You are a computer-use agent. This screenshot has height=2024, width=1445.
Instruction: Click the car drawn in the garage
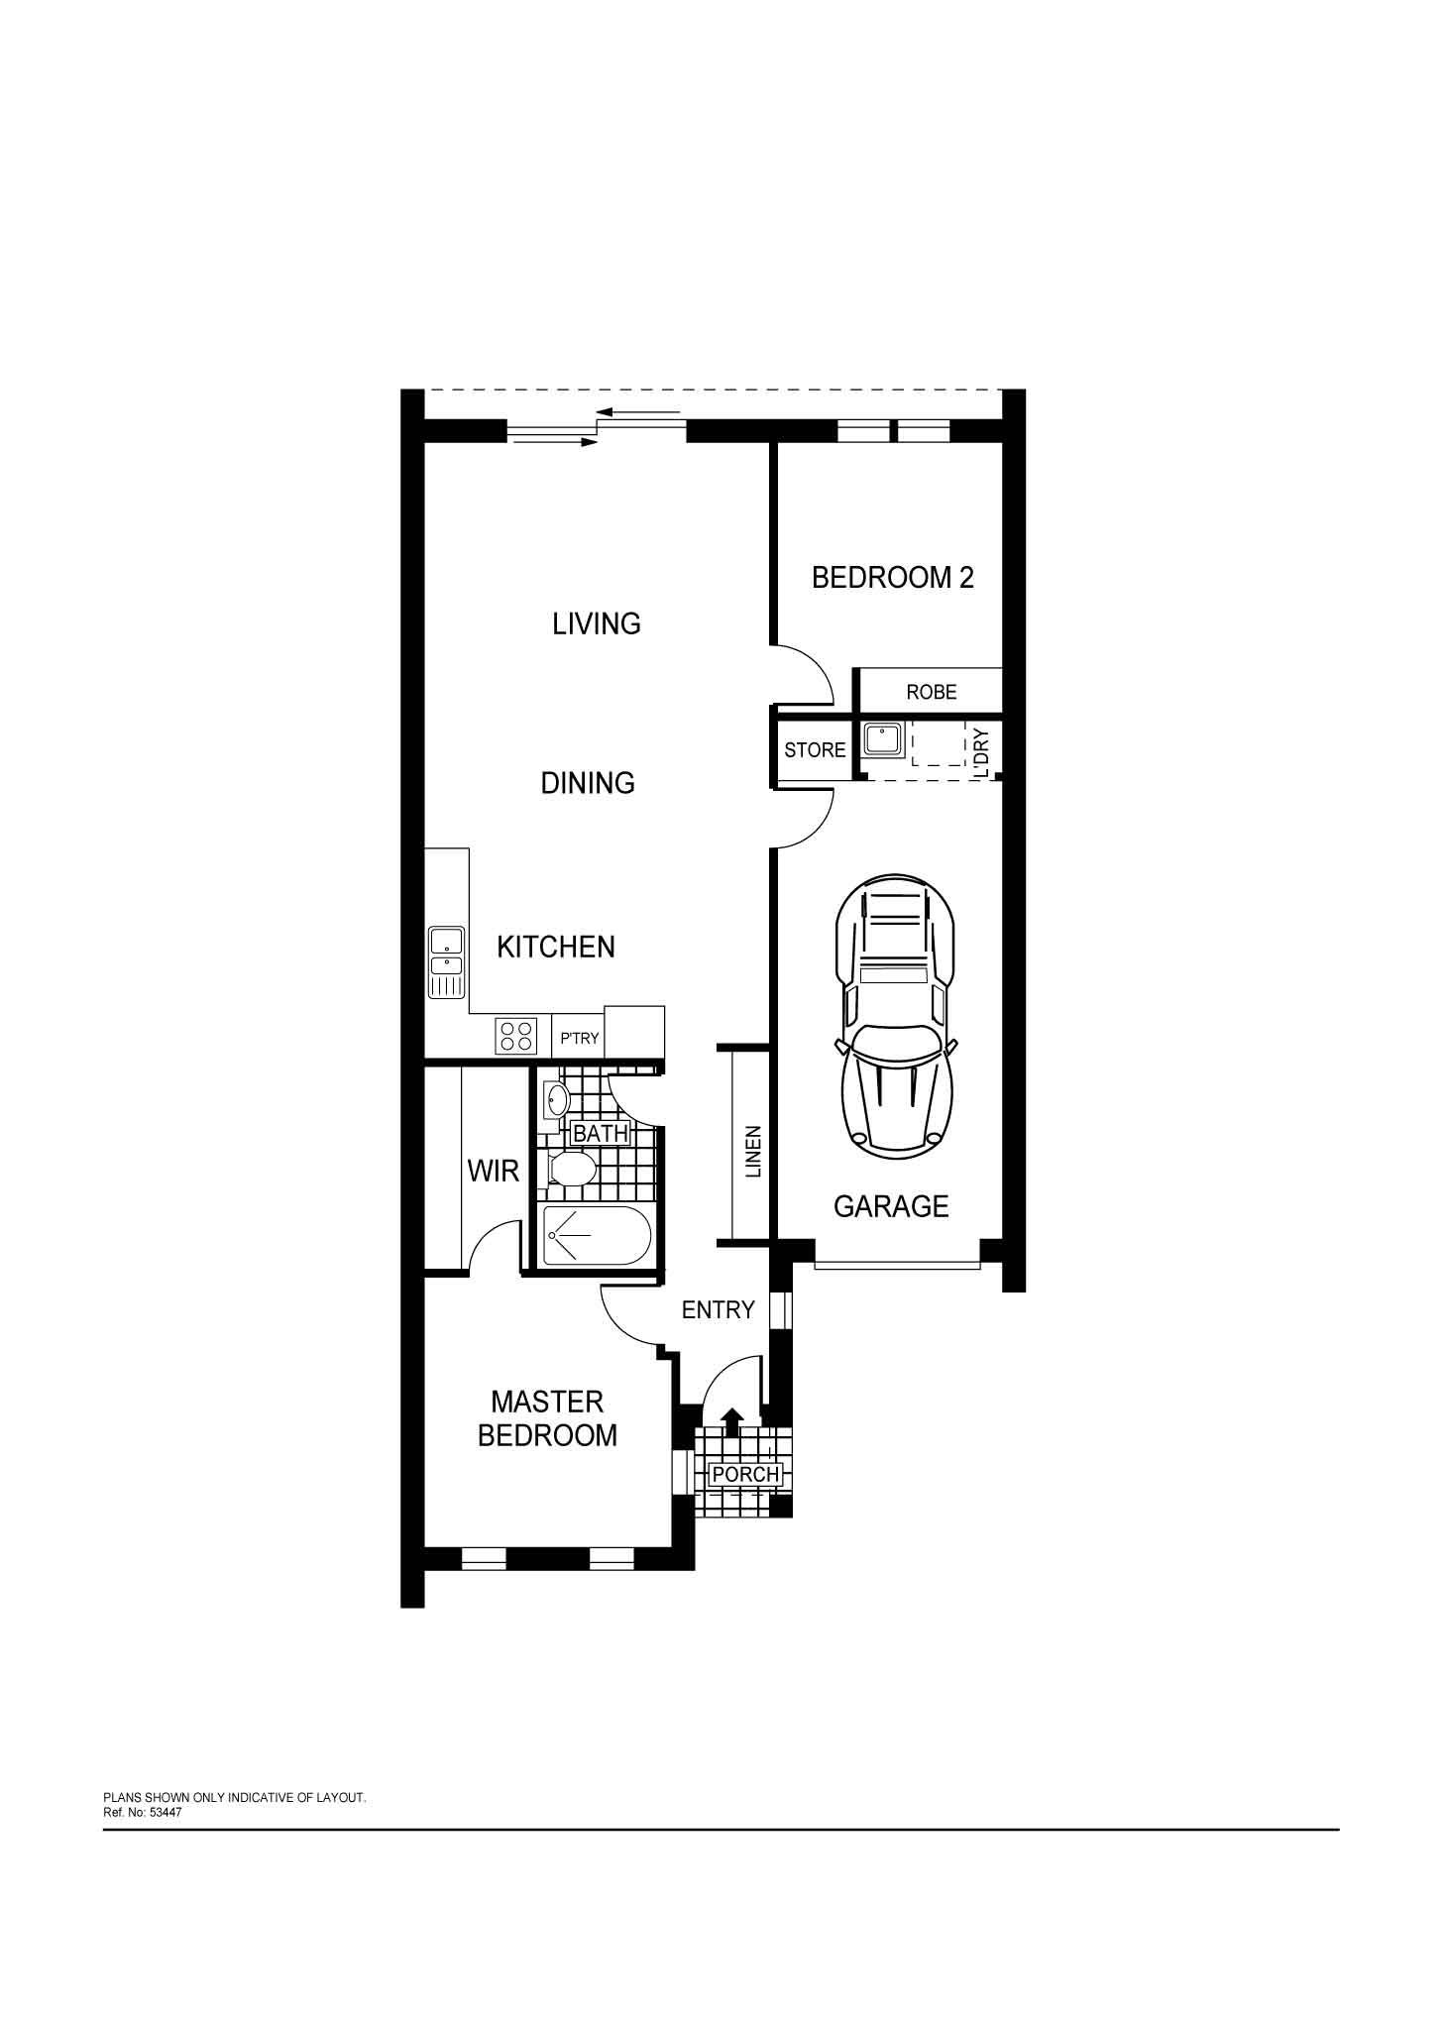[x=896, y=1017]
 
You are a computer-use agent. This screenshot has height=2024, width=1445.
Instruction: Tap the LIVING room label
[x=597, y=623]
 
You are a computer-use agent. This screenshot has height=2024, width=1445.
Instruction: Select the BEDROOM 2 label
[x=893, y=577]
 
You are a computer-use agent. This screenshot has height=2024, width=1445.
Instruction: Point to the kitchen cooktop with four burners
[x=515, y=1035]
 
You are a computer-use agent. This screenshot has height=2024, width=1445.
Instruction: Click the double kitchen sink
[x=446, y=961]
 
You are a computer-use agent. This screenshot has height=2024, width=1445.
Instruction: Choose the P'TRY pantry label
[x=580, y=1038]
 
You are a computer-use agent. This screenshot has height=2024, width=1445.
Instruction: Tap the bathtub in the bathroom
[x=597, y=1235]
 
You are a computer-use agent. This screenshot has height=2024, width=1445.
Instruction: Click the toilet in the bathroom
[x=571, y=1170]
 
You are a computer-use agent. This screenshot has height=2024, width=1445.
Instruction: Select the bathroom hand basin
[x=556, y=1098]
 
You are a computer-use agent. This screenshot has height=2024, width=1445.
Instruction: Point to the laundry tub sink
[x=881, y=739]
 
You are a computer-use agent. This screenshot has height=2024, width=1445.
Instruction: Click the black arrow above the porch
[x=731, y=1421]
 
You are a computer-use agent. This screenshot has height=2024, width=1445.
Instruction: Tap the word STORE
[x=815, y=750]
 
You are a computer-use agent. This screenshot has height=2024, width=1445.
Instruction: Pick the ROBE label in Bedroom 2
[x=932, y=692]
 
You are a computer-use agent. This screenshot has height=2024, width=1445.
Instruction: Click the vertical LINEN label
[x=753, y=1152]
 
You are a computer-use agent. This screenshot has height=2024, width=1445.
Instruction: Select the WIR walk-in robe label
[x=494, y=1171]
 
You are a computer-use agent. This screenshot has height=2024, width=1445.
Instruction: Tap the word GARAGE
[x=891, y=1206]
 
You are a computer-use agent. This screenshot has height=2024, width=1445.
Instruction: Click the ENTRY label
[x=719, y=1309]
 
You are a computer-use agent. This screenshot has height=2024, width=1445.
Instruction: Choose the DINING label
[x=588, y=783]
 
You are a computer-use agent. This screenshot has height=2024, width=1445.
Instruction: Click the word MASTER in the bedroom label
[x=547, y=1402]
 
